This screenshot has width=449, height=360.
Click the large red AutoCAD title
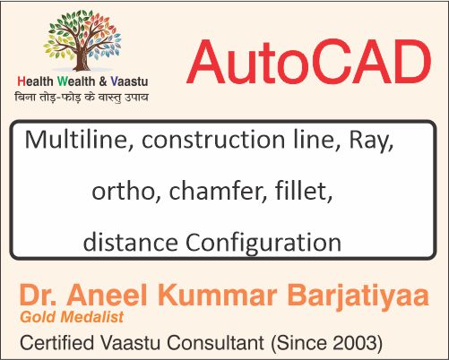pos(308,64)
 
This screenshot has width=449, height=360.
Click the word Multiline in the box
pos(72,141)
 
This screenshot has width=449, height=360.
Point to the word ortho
pos(120,191)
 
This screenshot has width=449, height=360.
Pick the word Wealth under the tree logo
pos(82,82)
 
